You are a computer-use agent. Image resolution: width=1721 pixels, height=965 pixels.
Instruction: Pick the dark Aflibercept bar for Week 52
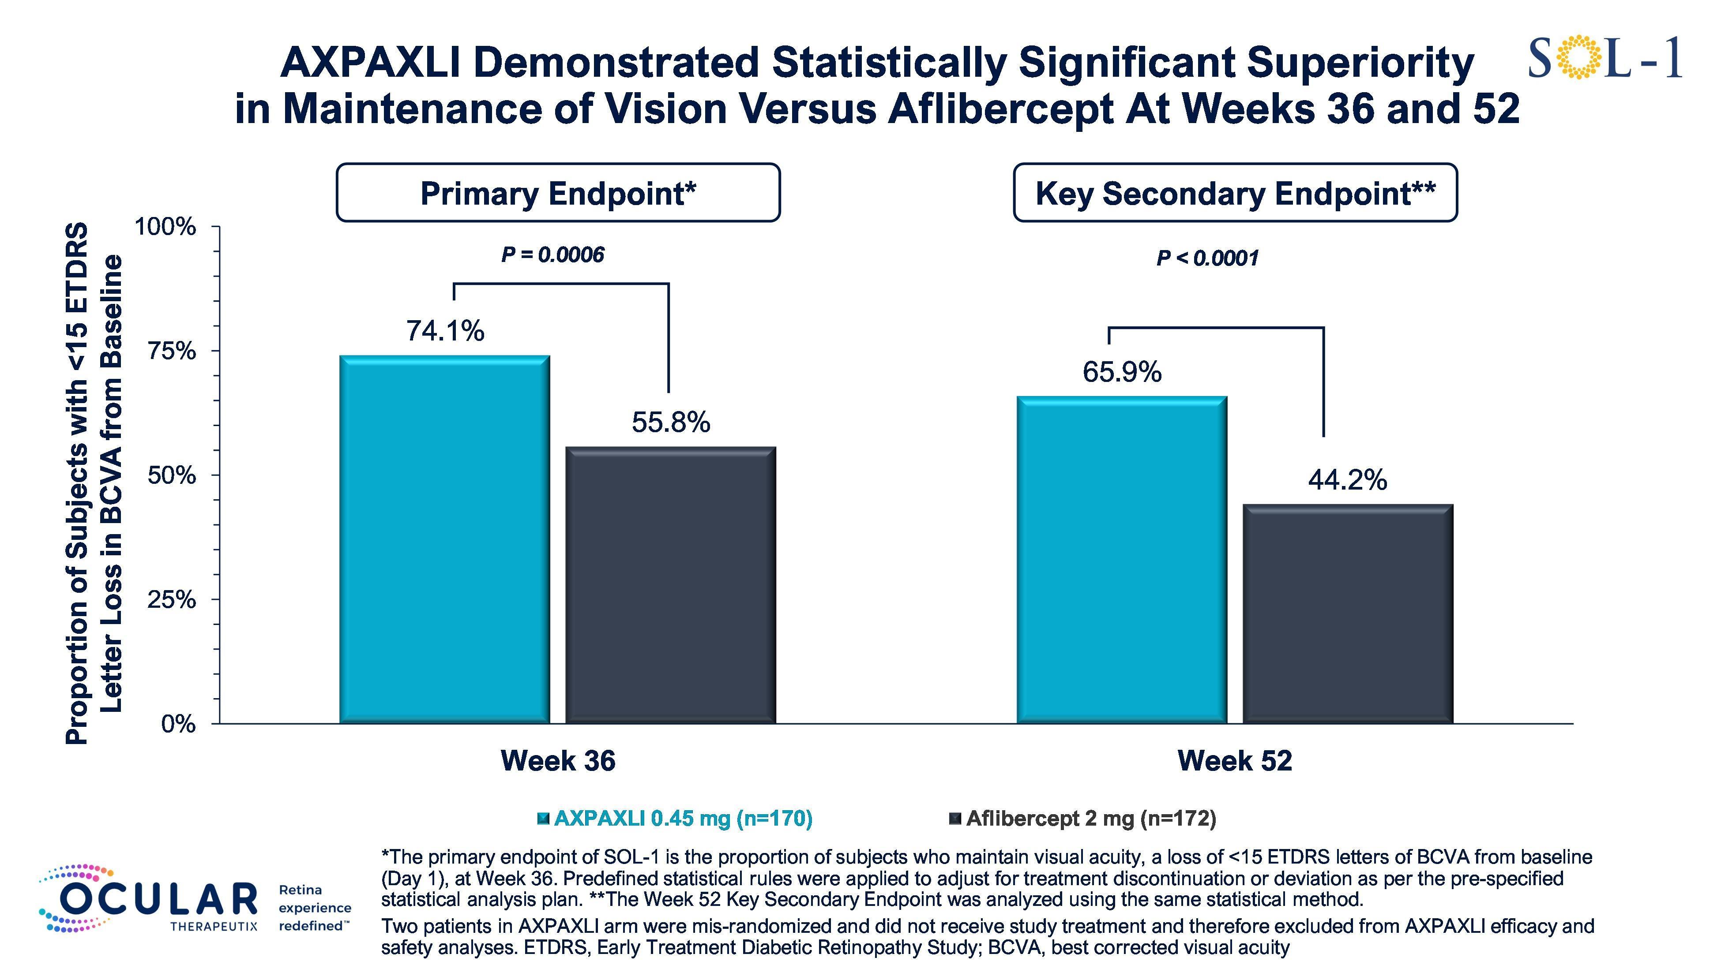(x=1348, y=614)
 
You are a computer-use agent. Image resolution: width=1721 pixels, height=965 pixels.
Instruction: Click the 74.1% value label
(x=446, y=331)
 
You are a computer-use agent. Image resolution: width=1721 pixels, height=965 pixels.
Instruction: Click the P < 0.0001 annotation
(x=1207, y=258)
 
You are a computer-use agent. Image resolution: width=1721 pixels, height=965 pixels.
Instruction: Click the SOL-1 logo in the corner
(x=1605, y=59)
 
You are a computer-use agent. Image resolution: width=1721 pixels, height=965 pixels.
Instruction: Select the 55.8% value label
(x=671, y=422)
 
